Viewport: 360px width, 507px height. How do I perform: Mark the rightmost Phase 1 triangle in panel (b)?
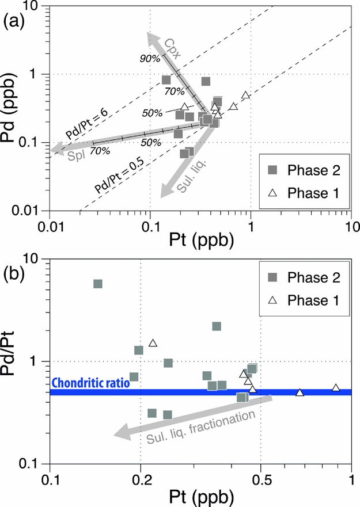[336, 387]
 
